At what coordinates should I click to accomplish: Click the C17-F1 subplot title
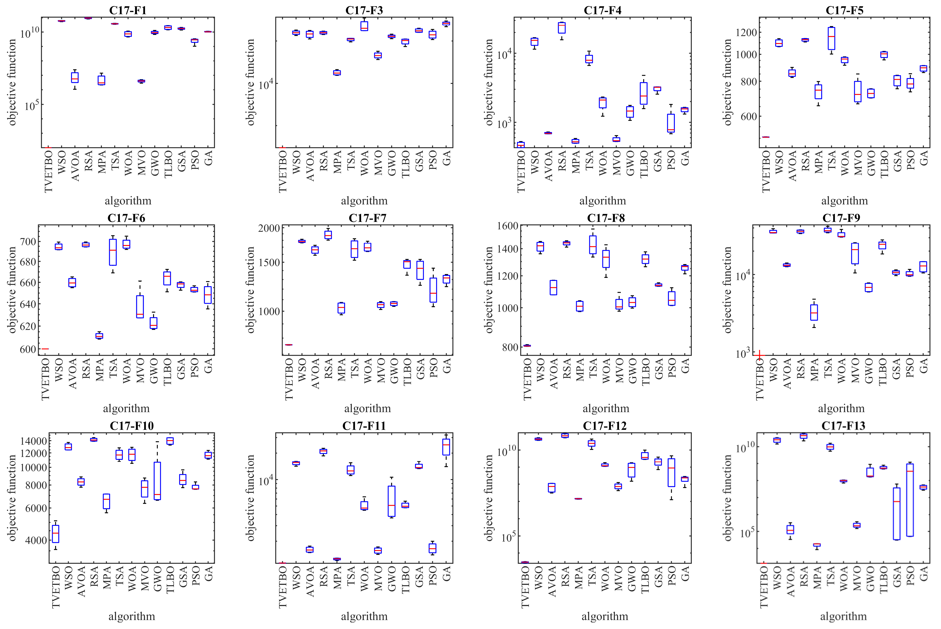[128, 10]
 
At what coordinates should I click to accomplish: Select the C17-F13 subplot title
[843, 426]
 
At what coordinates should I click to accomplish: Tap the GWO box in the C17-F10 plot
[157, 481]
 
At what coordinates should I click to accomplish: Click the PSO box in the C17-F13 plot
[910, 500]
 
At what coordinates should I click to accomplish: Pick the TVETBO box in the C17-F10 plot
[55, 534]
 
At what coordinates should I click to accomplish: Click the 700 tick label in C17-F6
[28, 242]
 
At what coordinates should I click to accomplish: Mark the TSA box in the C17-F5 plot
[831, 38]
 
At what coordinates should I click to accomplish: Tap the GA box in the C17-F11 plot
[446, 447]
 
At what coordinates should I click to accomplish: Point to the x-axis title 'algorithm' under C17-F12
[605, 616]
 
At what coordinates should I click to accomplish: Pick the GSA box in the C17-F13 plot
[896, 514]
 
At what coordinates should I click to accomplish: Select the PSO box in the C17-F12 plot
[671, 472]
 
